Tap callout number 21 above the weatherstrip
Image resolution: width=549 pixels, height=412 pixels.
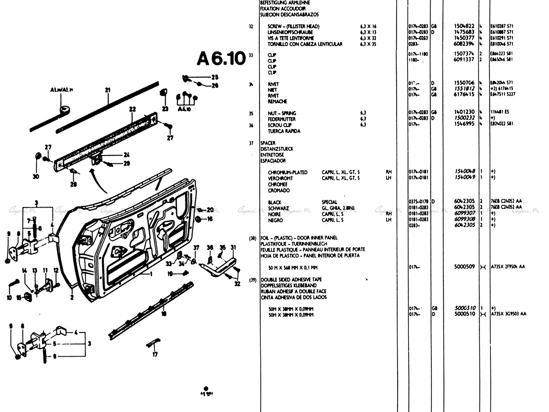tap(108, 91)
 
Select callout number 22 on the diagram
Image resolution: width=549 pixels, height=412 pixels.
tap(133, 109)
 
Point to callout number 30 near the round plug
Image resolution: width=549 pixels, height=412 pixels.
tap(36, 177)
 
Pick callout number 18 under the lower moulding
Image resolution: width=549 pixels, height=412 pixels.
tap(163, 314)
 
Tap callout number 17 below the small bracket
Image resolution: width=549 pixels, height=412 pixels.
tap(155, 354)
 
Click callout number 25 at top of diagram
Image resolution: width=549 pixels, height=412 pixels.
tap(215, 77)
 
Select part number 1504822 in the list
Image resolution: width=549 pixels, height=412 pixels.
tap(464, 27)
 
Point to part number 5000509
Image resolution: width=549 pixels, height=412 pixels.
tap(464, 267)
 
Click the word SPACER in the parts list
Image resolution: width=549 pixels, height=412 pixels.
tap(268, 143)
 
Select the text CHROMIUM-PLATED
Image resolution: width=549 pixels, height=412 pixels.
tap(288, 172)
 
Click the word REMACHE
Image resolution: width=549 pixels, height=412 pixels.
tap(277, 102)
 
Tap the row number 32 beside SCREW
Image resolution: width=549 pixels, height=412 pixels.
tap(251, 27)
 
